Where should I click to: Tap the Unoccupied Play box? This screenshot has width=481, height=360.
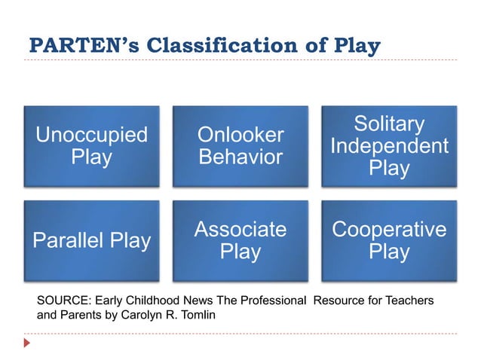pos(92,146)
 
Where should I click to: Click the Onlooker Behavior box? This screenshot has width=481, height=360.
pos(240,146)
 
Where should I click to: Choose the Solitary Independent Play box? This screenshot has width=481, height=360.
pos(389,146)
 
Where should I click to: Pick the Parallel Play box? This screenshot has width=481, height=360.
pos(92,240)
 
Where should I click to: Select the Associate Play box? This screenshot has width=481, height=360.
pos(240,240)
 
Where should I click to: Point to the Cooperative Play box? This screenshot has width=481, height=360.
pos(389,240)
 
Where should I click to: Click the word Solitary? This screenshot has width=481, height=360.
pos(389,124)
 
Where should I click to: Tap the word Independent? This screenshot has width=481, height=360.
pos(389,146)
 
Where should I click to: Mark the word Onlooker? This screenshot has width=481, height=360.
pos(240,136)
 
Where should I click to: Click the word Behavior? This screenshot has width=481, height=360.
pos(240,157)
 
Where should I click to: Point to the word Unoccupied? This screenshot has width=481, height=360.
pos(92,136)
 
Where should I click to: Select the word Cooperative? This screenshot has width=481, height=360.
pos(389,229)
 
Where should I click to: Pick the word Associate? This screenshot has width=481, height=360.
pos(240,229)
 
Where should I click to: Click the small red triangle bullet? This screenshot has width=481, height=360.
pos(29,343)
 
